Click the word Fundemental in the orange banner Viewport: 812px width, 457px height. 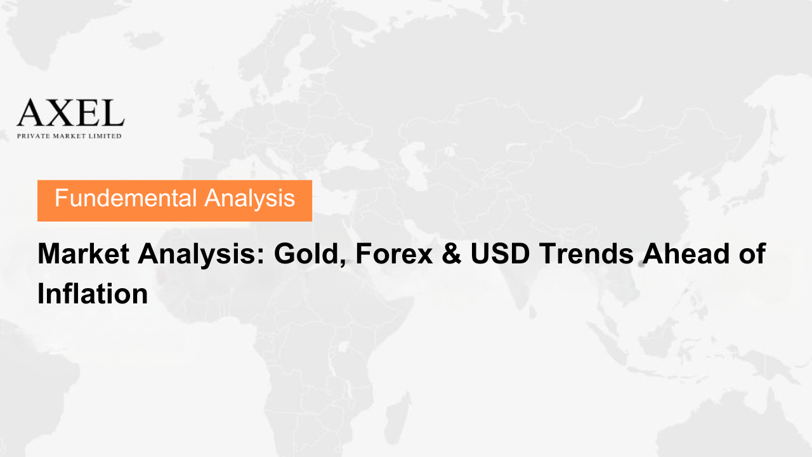click(126, 198)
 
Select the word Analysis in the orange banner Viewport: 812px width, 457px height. click(250, 199)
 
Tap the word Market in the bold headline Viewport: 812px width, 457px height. click(83, 253)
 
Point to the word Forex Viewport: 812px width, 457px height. click(394, 253)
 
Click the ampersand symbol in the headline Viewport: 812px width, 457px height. click(451, 253)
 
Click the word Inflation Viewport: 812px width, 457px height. click(93, 293)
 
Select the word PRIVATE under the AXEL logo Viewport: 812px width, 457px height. click(34, 136)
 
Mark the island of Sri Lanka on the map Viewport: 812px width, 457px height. click(532, 312)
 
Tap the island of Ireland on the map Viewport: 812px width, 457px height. click(186, 107)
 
